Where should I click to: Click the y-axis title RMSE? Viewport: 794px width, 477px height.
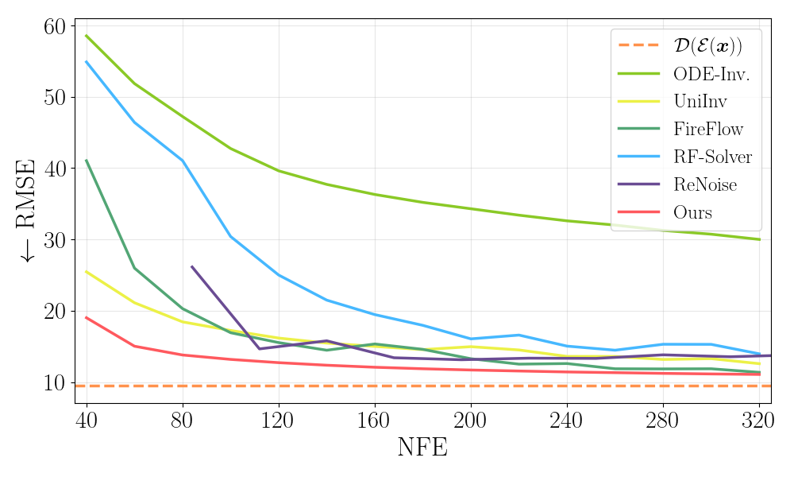[29, 210]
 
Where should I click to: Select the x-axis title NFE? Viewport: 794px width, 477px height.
[422, 447]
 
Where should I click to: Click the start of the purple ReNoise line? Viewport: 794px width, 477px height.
[192, 266]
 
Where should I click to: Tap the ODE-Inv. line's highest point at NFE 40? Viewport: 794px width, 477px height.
[87, 36]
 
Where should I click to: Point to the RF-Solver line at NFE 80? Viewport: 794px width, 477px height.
[183, 161]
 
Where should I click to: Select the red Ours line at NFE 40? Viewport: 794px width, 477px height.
[87, 317]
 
